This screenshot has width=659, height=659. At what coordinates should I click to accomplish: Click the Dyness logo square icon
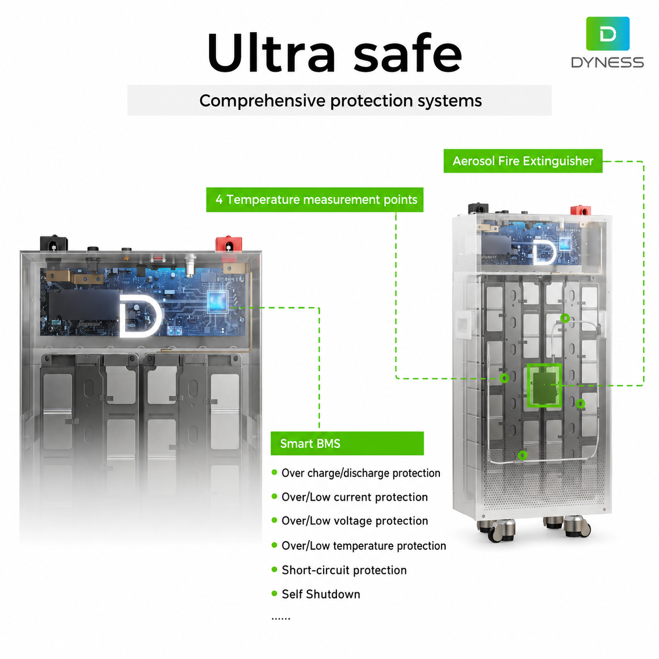pos(607,34)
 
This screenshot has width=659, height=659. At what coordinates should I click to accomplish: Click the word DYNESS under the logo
pos(607,63)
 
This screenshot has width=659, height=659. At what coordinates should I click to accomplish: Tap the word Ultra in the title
pos(271,53)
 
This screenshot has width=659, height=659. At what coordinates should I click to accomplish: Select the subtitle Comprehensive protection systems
pos(340,100)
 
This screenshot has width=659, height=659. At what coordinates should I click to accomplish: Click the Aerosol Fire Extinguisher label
pos(522,161)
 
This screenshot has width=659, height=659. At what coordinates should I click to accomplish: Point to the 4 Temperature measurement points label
pos(315,199)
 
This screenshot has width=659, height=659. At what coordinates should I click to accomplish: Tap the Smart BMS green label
pos(347,443)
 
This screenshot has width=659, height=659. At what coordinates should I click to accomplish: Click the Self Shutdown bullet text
pos(321,594)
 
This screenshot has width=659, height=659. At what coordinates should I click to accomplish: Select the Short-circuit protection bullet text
pos(344,570)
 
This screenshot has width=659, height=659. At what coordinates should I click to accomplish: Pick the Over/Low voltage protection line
pos(355,520)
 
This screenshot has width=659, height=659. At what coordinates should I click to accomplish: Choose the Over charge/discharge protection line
pos(361,473)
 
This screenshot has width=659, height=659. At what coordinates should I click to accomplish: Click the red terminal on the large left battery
pos(229,244)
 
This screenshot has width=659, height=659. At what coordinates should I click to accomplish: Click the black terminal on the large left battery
pos(54,243)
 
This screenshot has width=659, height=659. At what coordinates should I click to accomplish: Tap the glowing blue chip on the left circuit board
pos(217,301)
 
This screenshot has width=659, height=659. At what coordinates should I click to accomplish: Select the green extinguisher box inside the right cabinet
pos(544,385)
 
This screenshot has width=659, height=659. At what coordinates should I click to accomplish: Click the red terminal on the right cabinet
pos(580,210)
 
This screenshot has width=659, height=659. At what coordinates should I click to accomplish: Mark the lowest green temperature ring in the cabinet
pos(522,455)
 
